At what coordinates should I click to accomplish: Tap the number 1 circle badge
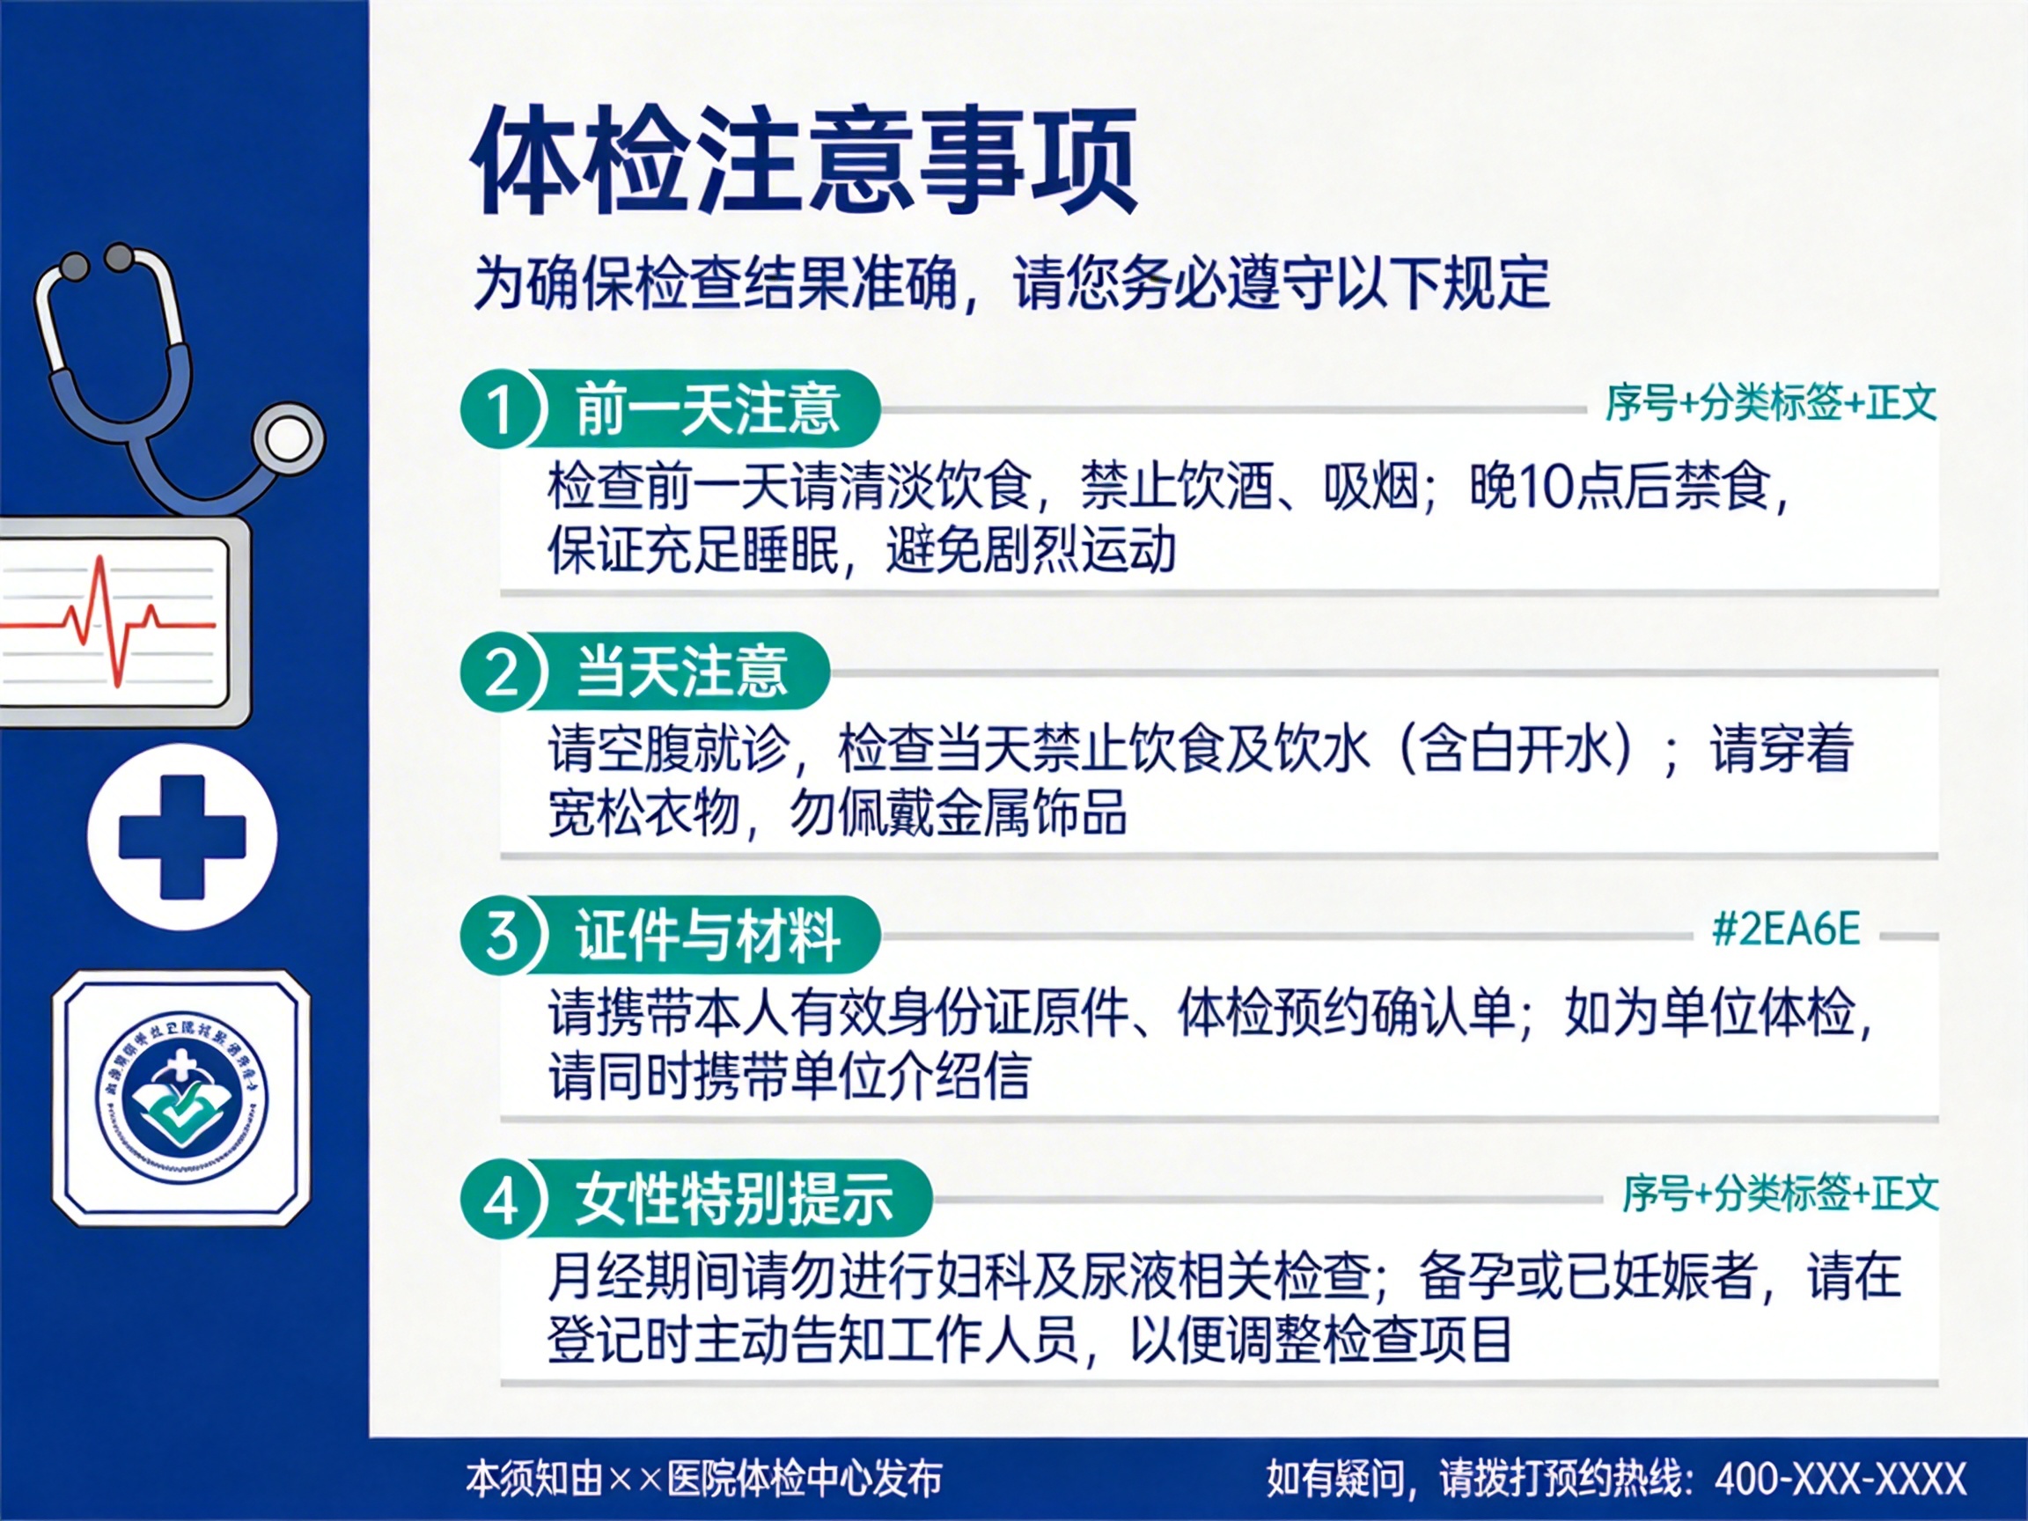(x=501, y=408)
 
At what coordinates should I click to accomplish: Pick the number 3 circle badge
(x=501, y=935)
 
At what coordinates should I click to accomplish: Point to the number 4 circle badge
(x=501, y=1199)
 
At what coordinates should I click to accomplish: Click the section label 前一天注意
(x=707, y=408)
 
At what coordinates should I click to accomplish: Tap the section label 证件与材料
(x=707, y=935)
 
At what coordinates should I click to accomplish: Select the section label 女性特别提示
(x=733, y=1199)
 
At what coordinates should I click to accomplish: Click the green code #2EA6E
(x=1786, y=929)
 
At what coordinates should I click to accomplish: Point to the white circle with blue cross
(x=182, y=836)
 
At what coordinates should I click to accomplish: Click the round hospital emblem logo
(x=181, y=1098)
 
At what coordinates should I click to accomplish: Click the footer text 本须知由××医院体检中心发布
(x=703, y=1478)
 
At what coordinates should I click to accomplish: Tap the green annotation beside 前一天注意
(x=1770, y=403)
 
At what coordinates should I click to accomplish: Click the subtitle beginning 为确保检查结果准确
(x=1010, y=283)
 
